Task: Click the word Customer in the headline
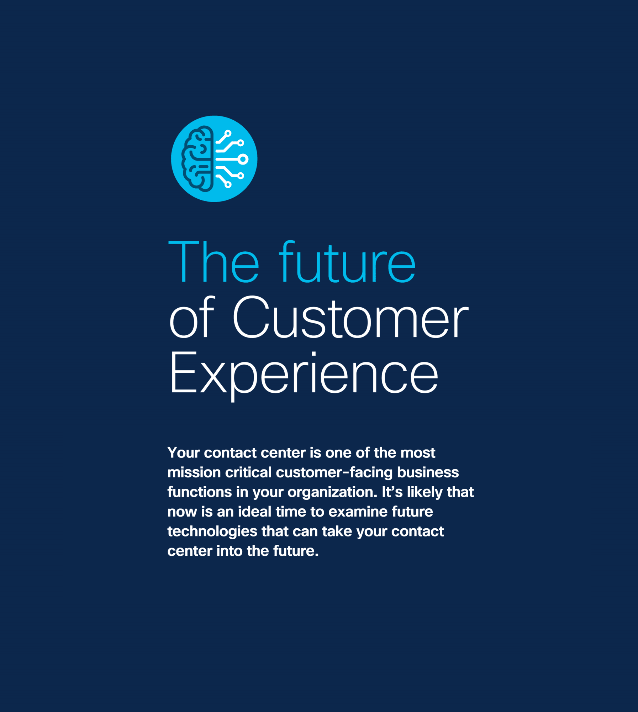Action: pyautogui.click(x=351, y=317)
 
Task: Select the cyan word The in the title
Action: pyautogui.click(x=213, y=262)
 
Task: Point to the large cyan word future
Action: pyautogui.click(x=347, y=262)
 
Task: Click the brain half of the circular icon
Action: pyautogui.click(x=197, y=159)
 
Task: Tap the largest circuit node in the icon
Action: pyautogui.click(x=243, y=159)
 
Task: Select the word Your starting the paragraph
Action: pyautogui.click(x=184, y=453)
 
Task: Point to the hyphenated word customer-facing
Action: pyautogui.click(x=334, y=473)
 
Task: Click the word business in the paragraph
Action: pyautogui.click(x=428, y=472)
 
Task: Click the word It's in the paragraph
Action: pyautogui.click(x=392, y=492)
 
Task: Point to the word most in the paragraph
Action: pyautogui.click(x=418, y=453)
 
